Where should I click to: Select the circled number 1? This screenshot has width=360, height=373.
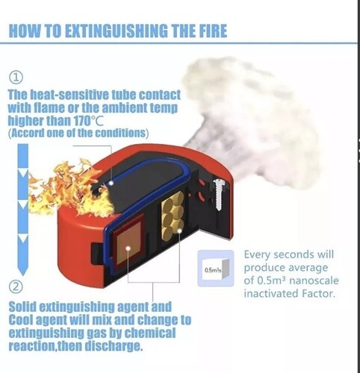click(x=16, y=78)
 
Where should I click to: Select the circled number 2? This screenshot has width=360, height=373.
click(x=16, y=286)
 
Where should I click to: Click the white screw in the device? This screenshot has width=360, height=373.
click(x=219, y=194)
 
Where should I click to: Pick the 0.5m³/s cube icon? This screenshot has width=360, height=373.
click(x=216, y=269)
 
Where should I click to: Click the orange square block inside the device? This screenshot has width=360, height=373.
click(x=128, y=243)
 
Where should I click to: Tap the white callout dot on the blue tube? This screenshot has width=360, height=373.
click(x=111, y=183)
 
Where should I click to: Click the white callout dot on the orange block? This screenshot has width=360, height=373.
click(x=128, y=248)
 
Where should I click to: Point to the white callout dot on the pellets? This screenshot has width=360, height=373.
click(x=179, y=231)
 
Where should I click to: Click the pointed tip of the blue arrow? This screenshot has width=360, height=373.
click(x=22, y=275)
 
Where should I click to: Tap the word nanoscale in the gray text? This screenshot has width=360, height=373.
click(x=314, y=280)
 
